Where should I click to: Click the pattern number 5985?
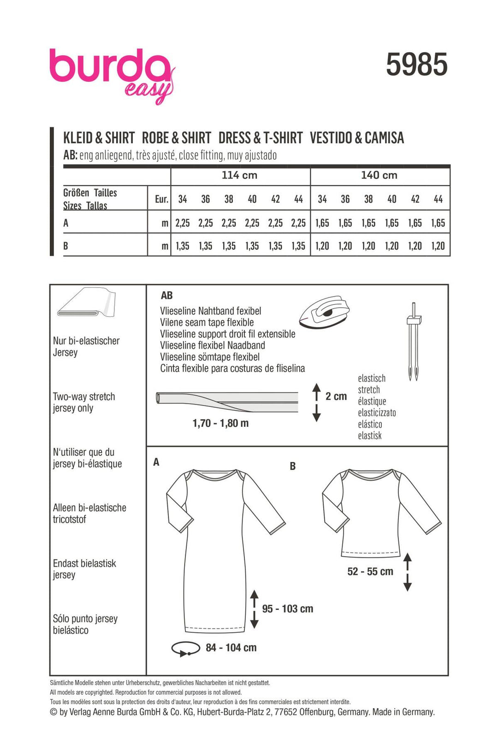[416, 65]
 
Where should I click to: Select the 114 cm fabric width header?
[239, 175]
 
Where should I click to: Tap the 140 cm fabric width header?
[379, 175]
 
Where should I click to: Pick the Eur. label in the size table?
[161, 199]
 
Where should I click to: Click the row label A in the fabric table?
[66, 223]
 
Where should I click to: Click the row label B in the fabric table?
[66, 246]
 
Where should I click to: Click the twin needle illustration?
[414, 341]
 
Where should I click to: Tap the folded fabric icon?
[87, 303]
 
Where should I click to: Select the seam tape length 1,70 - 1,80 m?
[220, 423]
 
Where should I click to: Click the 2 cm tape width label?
[336, 396]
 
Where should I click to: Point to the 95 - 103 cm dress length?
[287, 609]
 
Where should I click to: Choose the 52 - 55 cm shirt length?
[370, 572]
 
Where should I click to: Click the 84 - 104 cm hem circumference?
[231, 648]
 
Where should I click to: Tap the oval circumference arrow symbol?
[185, 649]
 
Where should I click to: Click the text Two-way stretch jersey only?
[84, 402]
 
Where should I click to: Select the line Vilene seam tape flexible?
[207, 322]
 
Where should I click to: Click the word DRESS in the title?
[235, 138]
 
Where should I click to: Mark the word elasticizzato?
[377, 413]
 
